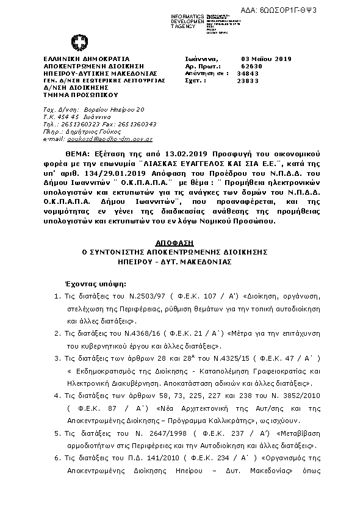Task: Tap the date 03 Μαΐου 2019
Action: tap(267, 59)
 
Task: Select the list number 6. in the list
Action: tap(57, 474)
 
